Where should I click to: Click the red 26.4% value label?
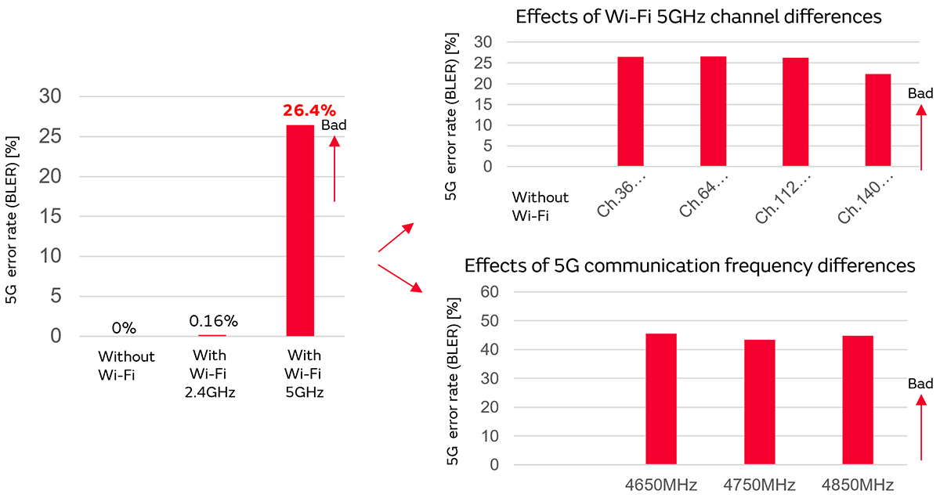click(x=309, y=110)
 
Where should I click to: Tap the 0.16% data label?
click(x=213, y=321)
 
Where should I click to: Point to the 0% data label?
click(x=124, y=327)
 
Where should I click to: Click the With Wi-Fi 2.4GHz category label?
click(x=209, y=373)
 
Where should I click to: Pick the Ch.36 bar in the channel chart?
click(x=631, y=111)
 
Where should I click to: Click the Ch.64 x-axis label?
click(x=703, y=200)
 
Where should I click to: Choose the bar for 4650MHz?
click(x=661, y=399)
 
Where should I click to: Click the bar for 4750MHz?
click(x=760, y=402)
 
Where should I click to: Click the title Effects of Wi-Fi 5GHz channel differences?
click(x=699, y=16)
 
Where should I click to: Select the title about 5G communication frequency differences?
click(x=689, y=266)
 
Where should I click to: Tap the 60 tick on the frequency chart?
click(x=488, y=292)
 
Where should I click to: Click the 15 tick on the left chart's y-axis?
click(x=56, y=216)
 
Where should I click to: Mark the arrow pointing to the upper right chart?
click(x=396, y=237)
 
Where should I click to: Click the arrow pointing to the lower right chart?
click(x=399, y=278)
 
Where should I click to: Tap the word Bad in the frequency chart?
click(x=920, y=384)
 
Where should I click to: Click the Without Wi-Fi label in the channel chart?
click(x=540, y=206)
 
